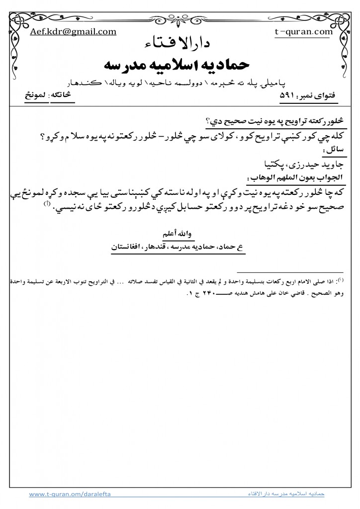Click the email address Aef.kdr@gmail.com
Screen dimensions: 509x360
pyautogui.click(x=73, y=32)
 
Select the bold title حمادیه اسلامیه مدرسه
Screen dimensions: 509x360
pyautogui.click(x=180, y=65)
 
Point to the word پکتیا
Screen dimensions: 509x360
pyautogui.click(x=263, y=163)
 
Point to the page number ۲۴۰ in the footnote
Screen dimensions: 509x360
pyautogui.click(x=204, y=292)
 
